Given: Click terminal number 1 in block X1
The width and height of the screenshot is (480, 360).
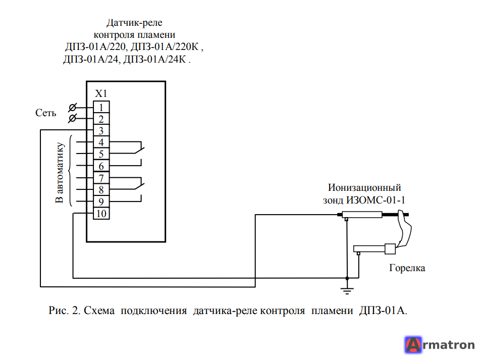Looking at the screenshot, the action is tap(101, 107).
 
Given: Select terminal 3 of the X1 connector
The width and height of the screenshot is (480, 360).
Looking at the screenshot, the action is tap(101, 131).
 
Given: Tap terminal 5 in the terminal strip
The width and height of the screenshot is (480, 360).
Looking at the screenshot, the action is tap(101, 154).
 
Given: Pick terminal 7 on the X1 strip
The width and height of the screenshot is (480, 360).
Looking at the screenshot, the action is tap(101, 178).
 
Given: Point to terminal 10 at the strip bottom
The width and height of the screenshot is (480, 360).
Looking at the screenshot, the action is tap(101, 214).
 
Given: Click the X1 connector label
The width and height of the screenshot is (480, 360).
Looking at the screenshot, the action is tap(101, 93).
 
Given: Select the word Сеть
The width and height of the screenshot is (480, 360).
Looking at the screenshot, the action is tap(46, 113).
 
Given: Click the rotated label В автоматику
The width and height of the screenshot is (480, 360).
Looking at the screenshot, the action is tap(60, 173).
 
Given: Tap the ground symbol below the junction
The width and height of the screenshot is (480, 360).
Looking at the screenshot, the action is tap(347, 291).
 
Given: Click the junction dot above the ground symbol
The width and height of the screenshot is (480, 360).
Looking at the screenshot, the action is tap(347, 278).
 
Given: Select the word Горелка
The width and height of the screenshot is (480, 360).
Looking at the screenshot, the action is tap(407, 268).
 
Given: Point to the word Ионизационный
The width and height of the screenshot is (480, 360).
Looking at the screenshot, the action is tap(364, 187).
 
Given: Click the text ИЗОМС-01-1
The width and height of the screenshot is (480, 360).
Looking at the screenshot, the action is tap(376, 200).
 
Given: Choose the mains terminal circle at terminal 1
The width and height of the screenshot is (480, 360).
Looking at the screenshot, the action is tap(73, 108).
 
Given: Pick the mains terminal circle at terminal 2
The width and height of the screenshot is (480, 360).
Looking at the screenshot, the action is tap(73, 118).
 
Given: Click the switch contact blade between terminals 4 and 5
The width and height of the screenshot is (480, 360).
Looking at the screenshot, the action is tap(139, 150).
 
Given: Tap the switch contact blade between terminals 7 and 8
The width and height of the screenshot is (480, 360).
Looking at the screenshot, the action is tap(139, 186).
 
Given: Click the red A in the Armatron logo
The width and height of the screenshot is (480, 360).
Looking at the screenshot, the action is tap(413, 345).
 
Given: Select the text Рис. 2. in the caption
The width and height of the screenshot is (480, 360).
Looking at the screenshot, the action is tap(64, 311).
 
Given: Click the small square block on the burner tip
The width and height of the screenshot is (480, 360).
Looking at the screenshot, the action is tap(390, 248).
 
